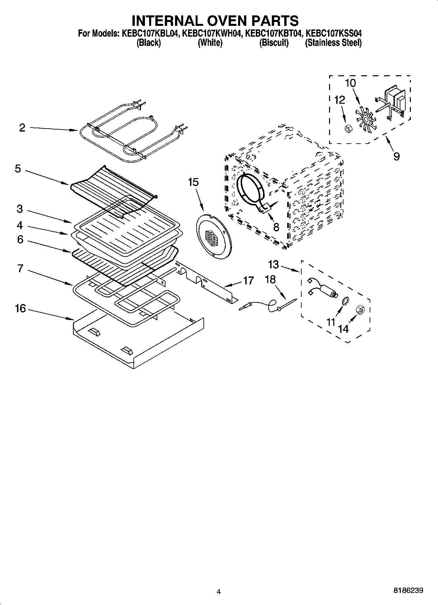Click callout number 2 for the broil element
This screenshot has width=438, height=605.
click(x=22, y=128)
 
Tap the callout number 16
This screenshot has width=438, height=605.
click(x=20, y=308)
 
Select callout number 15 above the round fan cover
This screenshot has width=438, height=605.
click(x=193, y=182)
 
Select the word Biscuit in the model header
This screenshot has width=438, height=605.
click(x=274, y=43)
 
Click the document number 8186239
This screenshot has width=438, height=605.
click(x=408, y=591)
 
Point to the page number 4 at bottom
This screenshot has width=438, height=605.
click(x=219, y=592)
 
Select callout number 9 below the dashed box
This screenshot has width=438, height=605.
click(x=396, y=156)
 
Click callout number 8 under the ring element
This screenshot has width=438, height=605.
click(x=276, y=227)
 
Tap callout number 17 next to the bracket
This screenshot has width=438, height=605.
click(x=248, y=280)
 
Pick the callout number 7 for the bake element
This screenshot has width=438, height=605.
click(x=20, y=269)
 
